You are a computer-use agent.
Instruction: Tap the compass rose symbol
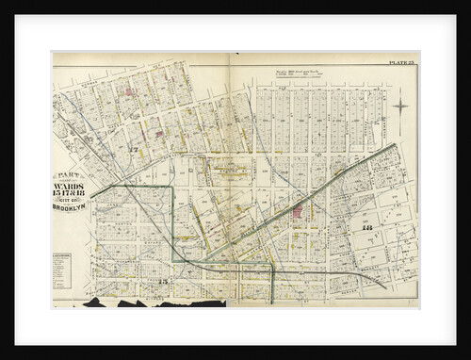tap(400, 106)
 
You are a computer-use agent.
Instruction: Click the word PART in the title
tap(70, 177)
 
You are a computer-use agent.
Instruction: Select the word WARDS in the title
tap(70, 187)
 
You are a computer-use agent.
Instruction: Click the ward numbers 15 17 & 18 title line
tap(70, 198)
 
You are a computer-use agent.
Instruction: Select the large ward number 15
tap(162, 283)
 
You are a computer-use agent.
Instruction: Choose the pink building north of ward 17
tap(126, 92)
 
